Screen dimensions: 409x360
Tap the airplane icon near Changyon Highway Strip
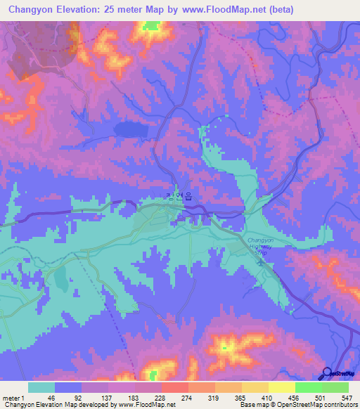(x=262, y=263)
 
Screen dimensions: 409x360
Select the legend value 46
(x=51, y=398)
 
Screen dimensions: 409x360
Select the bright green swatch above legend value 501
(x=308, y=387)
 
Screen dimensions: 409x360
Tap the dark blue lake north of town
(x=129, y=129)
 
